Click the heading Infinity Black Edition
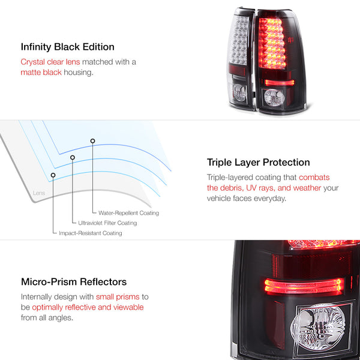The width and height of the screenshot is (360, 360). coord(67,46)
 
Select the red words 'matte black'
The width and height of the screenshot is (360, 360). coord(41,73)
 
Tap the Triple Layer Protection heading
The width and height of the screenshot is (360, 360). coord(258,162)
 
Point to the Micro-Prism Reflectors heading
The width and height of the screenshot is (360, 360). coord(74,281)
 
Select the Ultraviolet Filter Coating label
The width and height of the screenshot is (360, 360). coord(107,223)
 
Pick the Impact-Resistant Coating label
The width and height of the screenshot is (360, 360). coord(90,233)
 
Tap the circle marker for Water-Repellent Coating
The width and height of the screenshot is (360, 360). coord(92,141)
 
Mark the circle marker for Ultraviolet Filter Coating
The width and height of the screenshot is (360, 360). coord(73,158)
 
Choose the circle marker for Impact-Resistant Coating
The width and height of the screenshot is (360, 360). coord(53,175)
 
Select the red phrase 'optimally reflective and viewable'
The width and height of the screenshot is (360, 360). coord(88,307)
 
